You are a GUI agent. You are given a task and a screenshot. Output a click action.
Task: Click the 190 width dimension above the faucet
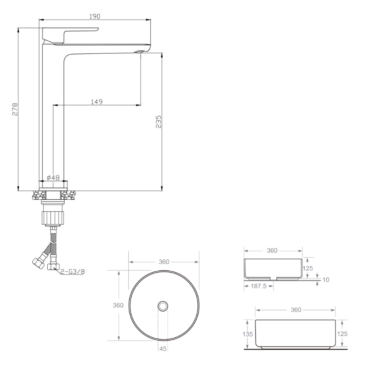[x=95, y=16]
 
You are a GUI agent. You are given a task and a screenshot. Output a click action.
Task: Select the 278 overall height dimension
[x=15, y=109]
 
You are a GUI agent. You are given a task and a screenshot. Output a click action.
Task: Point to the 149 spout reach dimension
[x=97, y=101]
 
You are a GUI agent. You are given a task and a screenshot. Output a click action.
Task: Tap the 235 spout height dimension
[x=159, y=121]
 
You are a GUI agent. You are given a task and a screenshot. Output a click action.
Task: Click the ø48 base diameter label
[x=53, y=178]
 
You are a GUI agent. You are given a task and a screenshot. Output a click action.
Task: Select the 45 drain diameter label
[x=163, y=349]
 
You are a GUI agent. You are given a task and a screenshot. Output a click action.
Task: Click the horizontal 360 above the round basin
[x=164, y=262]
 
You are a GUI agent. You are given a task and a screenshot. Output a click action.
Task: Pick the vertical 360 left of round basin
[x=119, y=305]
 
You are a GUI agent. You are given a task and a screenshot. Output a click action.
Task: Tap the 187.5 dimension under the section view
[x=258, y=286]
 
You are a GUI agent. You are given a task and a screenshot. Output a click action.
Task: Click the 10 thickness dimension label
[x=326, y=280]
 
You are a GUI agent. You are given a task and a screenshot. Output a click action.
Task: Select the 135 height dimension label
[x=248, y=334]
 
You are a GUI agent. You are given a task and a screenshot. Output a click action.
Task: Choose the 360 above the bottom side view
[x=295, y=310]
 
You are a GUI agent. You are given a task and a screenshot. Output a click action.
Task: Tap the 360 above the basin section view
[x=272, y=251]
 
